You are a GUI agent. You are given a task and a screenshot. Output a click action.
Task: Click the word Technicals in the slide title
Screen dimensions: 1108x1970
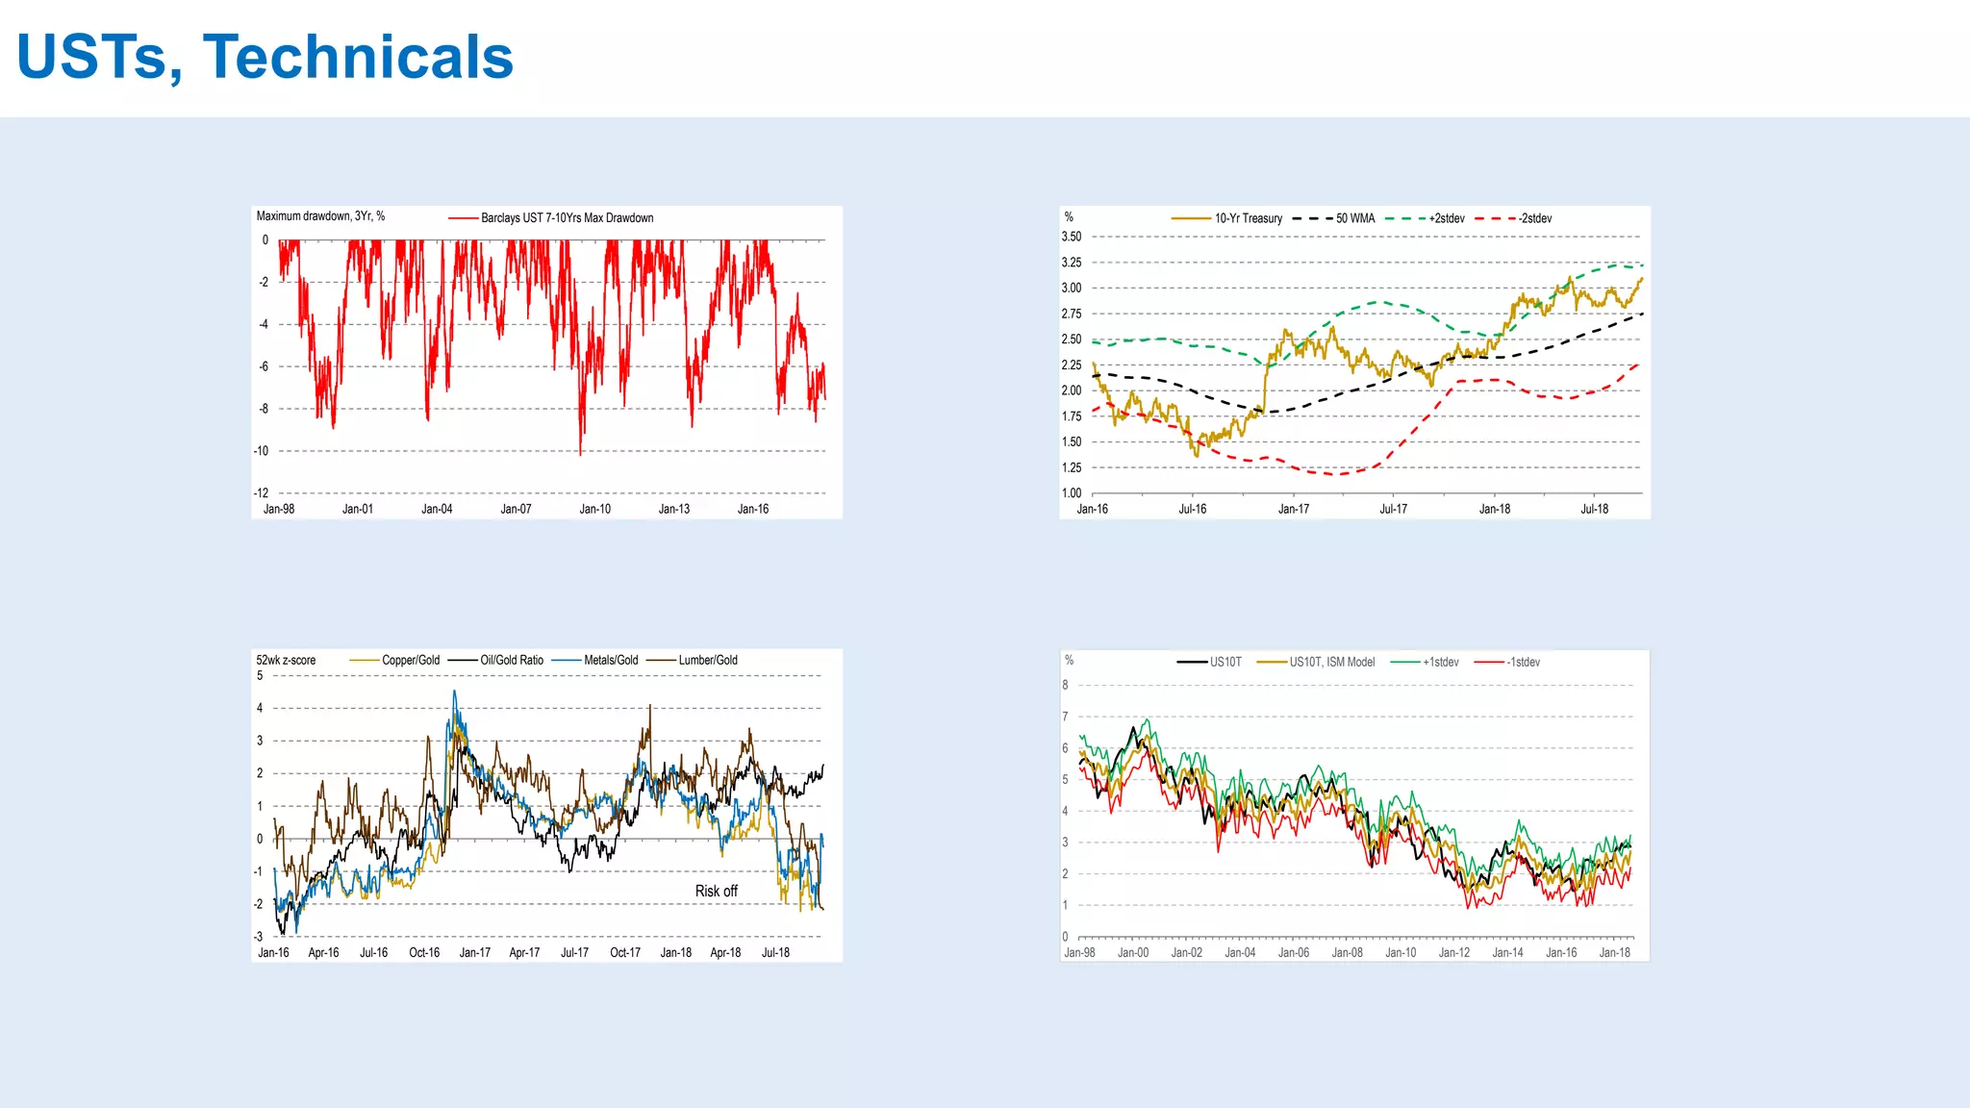pos(358,58)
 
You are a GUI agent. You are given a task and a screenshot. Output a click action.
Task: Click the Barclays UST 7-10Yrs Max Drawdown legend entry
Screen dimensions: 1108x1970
pos(567,218)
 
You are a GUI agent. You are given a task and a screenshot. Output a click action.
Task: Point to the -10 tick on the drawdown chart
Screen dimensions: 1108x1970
pos(262,451)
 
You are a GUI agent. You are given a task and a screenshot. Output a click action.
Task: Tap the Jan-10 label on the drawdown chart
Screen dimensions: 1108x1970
pos(594,510)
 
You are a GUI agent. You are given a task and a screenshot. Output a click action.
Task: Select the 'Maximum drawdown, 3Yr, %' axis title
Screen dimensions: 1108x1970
pos(320,216)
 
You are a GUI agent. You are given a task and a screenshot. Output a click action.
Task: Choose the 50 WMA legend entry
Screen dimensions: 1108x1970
pos(1354,219)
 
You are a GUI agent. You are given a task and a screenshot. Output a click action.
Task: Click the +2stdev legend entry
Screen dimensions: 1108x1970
pos(1446,219)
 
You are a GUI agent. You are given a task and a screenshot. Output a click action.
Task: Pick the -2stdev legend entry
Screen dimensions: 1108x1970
pos(1535,219)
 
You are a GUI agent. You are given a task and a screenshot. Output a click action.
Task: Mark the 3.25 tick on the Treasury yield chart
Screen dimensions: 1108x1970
pos(1071,263)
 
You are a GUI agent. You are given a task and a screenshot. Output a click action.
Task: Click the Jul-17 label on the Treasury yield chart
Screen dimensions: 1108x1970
pos(1393,510)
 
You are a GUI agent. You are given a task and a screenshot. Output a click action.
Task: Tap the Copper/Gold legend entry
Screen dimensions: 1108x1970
pos(410,661)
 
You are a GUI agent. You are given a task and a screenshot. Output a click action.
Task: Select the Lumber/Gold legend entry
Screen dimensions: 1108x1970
pos(707,661)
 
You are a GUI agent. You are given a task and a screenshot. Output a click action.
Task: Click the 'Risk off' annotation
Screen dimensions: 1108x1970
pos(716,892)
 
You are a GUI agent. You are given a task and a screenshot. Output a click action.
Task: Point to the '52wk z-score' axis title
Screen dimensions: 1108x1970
pos(286,661)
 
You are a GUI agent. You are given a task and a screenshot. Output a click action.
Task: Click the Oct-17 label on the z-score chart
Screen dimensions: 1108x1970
pos(625,953)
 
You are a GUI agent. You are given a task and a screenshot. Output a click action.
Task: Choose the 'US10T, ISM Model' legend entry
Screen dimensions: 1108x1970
pos(1331,663)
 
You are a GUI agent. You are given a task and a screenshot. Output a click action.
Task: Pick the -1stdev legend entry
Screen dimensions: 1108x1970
pos(1523,663)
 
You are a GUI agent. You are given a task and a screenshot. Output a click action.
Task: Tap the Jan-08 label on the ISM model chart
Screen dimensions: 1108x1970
pos(1347,953)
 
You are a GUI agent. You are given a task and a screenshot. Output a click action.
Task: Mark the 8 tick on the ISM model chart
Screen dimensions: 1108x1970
pos(1065,686)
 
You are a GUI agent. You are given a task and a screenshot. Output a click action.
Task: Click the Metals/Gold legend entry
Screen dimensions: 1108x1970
pos(611,661)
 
